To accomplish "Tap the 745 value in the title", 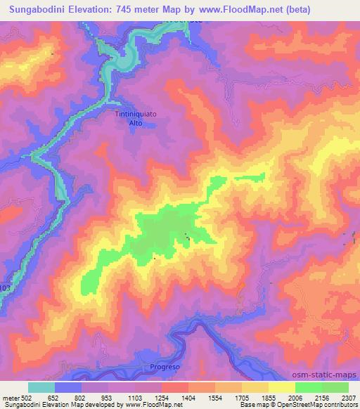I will [x=126, y=10].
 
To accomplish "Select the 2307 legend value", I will [x=348, y=397].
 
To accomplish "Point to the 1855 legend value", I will [x=269, y=397].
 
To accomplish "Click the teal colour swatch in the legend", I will [x=41, y=387].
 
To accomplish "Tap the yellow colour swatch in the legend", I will [x=281, y=387].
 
